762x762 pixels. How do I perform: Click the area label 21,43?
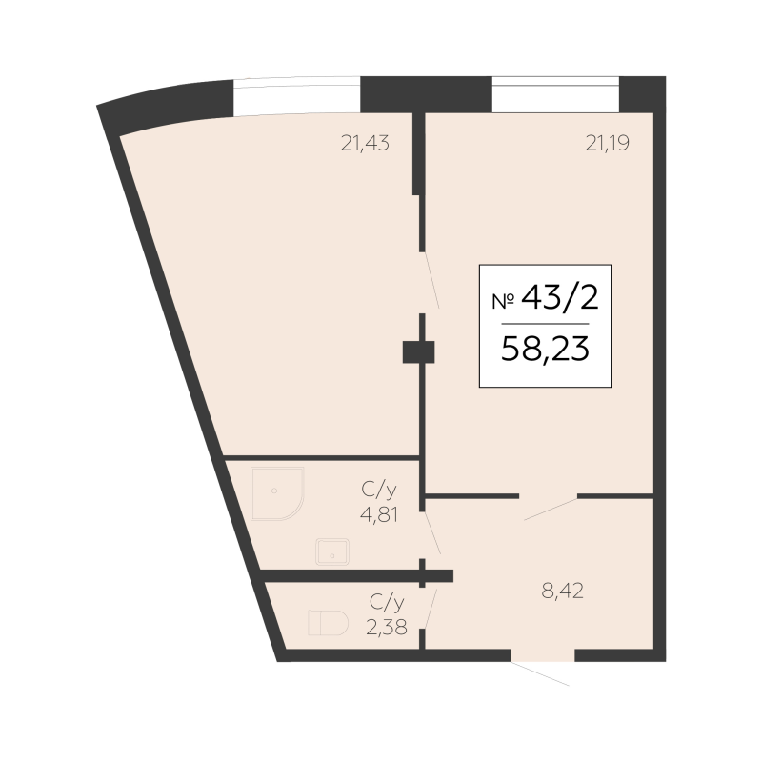point(365,144)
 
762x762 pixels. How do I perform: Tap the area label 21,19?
point(608,144)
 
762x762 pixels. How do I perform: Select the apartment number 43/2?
point(560,297)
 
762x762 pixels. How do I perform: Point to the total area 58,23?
point(545,349)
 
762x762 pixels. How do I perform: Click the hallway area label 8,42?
point(562,591)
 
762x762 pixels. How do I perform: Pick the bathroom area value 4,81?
point(379,514)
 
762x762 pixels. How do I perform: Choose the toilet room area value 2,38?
point(387,628)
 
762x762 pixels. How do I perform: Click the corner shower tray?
point(277,493)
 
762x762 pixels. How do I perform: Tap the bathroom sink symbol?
point(332,552)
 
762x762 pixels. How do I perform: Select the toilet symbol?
point(328,623)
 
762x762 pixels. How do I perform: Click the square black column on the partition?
point(418,352)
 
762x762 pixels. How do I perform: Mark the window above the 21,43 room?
point(297,96)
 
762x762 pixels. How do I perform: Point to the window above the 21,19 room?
point(555,94)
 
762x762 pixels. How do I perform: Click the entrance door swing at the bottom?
point(540,673)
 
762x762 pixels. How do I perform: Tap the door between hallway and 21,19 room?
point(551,509)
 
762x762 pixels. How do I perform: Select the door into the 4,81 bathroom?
point(432,532)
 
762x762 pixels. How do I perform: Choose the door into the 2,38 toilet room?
point(431,609)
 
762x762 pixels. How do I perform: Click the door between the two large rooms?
point(431,280)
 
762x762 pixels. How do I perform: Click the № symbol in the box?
point(504,302)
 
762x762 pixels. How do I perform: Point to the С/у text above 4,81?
point(379,490)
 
